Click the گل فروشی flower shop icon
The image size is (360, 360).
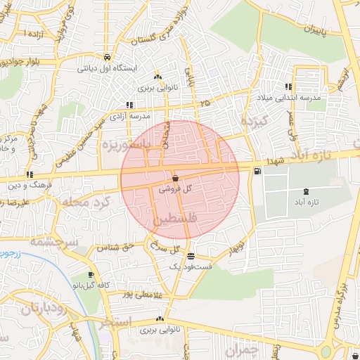click(x=174, y=179)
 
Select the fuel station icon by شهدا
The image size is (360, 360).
click(x=258, y=169)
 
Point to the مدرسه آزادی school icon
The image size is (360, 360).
click(x=129, y=105)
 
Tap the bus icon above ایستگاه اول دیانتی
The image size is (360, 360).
click(x=106, y=58)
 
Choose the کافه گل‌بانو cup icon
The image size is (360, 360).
click(x=91, y=275)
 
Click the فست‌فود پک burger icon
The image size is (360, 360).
click(x=191, y=257)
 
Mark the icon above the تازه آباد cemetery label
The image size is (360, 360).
click(x=305, y=191)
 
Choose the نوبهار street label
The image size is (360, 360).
click(x=238, y=249)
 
